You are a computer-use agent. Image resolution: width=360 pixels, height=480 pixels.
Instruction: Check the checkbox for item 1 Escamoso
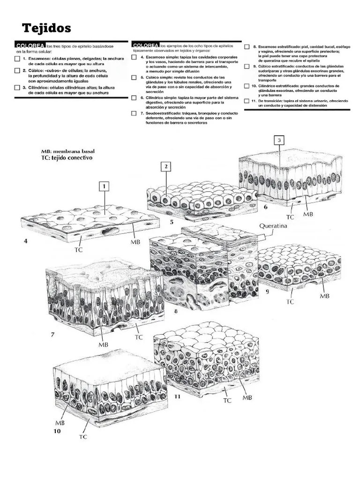click(x=17, y=59)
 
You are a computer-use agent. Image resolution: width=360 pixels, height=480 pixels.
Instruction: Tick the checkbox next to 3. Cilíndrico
click(x=17, y=88)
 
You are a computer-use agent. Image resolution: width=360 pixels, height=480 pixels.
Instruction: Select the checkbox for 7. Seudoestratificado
click(x=135, y=113)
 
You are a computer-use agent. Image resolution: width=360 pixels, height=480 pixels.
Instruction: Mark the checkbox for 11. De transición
click(x=247, y=101)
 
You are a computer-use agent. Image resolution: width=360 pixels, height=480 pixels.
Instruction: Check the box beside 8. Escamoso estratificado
click(x=247, y=47)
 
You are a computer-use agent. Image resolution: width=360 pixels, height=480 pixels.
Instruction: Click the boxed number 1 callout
click(x=104, y=187)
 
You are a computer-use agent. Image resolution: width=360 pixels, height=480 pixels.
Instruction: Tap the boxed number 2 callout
click(x=166, y=166)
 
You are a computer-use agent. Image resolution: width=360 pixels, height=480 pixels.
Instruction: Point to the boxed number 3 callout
click(x=279, y=140)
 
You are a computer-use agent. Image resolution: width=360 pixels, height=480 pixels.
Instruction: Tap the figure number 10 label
click(x=57, y=431)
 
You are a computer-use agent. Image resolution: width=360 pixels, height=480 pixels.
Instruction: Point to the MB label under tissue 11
click(x=247, y=397)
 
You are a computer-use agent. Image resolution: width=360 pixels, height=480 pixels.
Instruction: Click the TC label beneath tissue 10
click(x=83, y=437)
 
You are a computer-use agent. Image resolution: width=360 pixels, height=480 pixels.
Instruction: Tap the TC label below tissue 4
click(x=78, y=250)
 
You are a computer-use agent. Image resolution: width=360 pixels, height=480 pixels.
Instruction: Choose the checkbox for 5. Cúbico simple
click(x=135, y=77)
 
